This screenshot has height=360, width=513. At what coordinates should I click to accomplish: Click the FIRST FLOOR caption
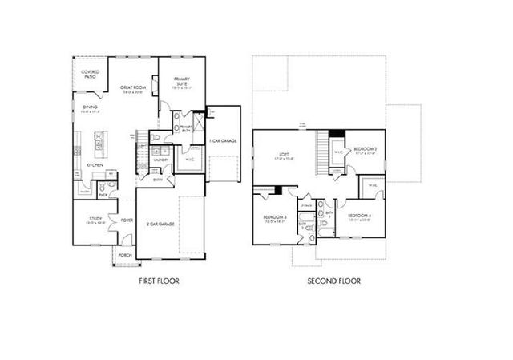[157, 281]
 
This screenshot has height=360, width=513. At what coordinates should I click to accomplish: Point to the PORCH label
[125, 255]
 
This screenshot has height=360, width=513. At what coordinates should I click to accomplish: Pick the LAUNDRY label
[159, 160]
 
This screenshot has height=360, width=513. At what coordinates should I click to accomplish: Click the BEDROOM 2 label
[366, 148]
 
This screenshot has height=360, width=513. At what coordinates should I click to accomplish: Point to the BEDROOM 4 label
[359, 216]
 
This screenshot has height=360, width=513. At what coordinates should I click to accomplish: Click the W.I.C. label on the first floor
[190, 159]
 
